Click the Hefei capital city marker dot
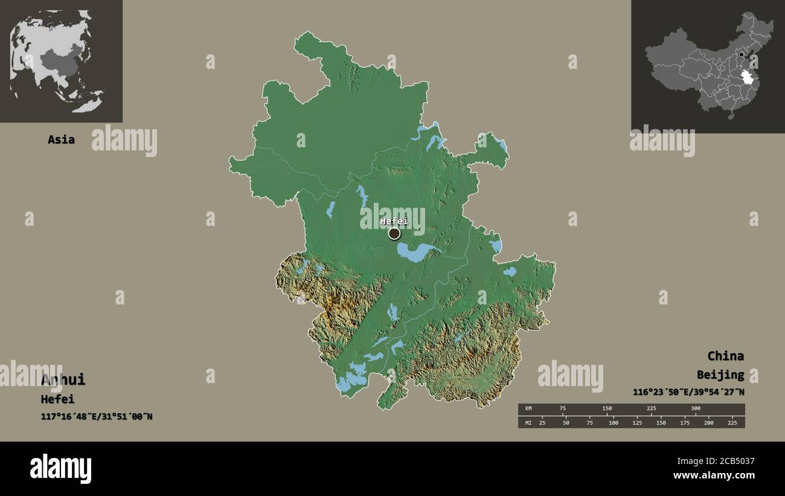pos(394,233)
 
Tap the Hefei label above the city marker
pos(394,221)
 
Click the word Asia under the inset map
pos(61,140)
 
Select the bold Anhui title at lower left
pos(63,380)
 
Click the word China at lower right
pos(725,356)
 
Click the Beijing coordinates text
pos(688,392)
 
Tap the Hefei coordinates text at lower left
pos(97,416)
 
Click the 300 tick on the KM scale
pos(696,409)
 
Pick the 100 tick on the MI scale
pos(614,422)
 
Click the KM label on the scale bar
pos(528,409)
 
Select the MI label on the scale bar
pos(528,422)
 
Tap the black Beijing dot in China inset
pos(742,54)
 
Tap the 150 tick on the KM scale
pos(607,409)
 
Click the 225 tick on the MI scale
pos(733,422)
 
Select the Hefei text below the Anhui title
pos(57,399)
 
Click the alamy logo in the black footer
pos(60,469)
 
